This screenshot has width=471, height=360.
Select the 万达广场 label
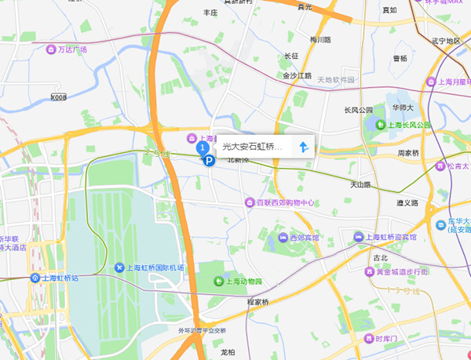72,49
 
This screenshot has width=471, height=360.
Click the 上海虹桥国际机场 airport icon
119,268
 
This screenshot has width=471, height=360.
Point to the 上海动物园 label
243,282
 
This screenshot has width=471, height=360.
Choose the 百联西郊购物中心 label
285,202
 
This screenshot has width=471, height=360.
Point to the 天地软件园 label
336,80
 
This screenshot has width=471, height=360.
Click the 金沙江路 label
298,76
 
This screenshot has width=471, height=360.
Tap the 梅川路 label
320,39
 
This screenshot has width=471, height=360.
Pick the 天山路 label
360,185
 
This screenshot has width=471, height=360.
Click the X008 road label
59,97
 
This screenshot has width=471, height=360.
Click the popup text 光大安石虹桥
252,146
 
